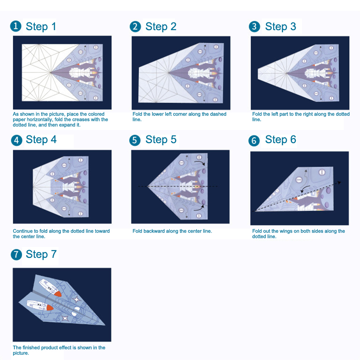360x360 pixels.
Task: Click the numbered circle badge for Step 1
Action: [x=16, y=26]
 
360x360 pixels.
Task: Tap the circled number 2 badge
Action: [x=135, y=27]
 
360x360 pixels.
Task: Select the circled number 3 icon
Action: [x=254, y=27]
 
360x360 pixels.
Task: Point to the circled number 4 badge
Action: [x=17, y=140]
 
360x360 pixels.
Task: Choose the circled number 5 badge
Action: [x=135, y=140]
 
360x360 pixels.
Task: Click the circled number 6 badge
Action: [x=254, y=140]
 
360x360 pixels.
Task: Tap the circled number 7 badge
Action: [x=16, y=255]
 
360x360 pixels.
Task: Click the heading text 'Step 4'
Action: [x=41, y=139]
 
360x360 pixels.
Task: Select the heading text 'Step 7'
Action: [x=41, y=254]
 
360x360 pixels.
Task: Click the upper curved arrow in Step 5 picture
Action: [x=199, y=162]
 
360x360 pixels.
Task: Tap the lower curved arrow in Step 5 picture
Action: [x=199, y=207]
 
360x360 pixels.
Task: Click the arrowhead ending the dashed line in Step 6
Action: [x=339, y=183]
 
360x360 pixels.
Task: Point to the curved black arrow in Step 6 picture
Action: [x=305, y=189]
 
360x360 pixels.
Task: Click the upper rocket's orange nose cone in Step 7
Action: [x=58, y=293]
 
